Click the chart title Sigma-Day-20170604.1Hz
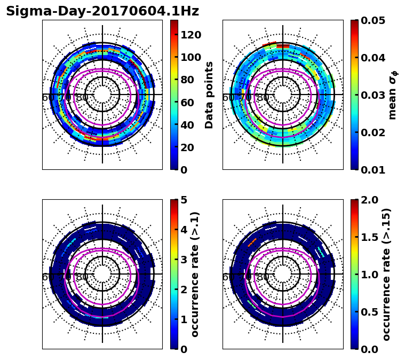pos(102,11)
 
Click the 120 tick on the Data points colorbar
pos(190,35)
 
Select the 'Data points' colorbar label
pos(209,95)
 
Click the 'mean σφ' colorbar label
pos(392,95)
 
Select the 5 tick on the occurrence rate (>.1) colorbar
pos(184,200)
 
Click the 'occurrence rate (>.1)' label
pos(195,274)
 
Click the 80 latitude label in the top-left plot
pos(82,98)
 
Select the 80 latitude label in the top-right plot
pos(263,98)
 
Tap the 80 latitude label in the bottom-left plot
pos(82,277)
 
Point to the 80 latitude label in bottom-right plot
pos(263,277)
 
